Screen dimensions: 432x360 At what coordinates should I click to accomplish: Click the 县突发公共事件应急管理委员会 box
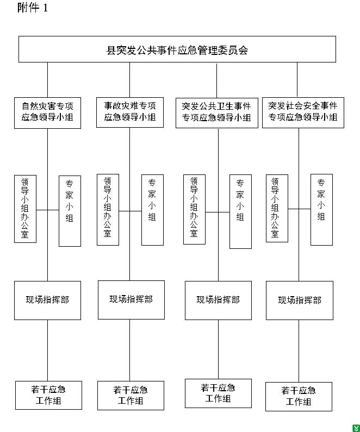pyautogui.click(x=177, y=49)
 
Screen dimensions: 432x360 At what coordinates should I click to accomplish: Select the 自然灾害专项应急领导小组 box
pyautogui.click(x=47, y=112)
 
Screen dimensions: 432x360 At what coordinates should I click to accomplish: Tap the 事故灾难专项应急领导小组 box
pyautogui.click(x=130, y=112)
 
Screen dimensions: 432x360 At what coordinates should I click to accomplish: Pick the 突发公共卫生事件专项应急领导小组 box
pyautogui.click(x=216, y=112)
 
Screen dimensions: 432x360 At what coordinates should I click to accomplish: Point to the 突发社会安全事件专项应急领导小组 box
pyautogui.click(x=303, y=112)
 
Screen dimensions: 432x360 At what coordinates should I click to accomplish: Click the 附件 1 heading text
pyautogui.click(x=33, y=8)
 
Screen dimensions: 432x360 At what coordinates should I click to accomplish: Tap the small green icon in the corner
pyautogui.click(x=355, y=428)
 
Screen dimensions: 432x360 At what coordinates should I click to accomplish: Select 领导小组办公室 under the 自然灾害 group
pyautogui.click(x=25, y=209)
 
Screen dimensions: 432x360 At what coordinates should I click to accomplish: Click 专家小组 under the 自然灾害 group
pyautogui.click(x=70, y=211)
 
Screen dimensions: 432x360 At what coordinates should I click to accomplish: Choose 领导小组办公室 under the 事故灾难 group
pyautogui.click(x=108, y=209)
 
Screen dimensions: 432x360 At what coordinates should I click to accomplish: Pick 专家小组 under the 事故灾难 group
pyautogui.click(x=152, y=209)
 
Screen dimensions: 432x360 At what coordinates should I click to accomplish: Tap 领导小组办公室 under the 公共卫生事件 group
pyautogui.click(x=194, y=209)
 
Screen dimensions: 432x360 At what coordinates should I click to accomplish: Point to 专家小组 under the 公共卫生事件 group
pyautogui.click(x=240, y=211)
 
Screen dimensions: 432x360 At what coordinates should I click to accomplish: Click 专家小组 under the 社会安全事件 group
pyautogui.click(x=321, y=209)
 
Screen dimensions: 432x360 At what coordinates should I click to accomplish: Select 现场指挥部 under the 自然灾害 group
pyautogui.click(x=47, y=300)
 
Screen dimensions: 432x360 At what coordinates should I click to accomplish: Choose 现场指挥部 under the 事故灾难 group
pyautogui.click(x=131, y=299)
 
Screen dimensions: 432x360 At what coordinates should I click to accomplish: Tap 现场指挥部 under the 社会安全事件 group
pyautogui.click(x=300, y=300)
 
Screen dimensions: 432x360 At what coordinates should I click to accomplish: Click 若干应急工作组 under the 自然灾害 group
pyautogui.click(x=48, y=395)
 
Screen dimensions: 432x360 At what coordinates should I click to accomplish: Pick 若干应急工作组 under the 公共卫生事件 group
pyautogui.click(x=218, y=393)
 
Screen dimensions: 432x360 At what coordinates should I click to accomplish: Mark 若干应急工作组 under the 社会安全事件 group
pyautogui.click(x=299, y=396)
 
